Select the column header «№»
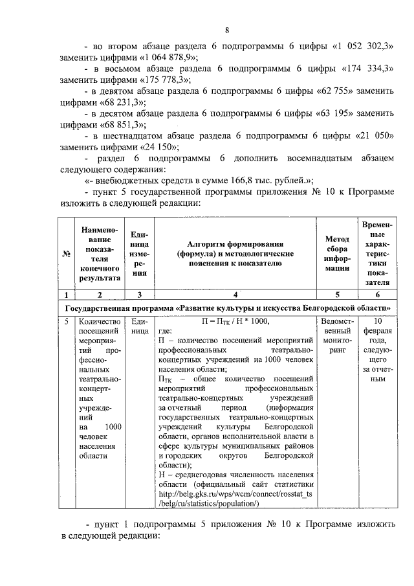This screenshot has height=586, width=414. tap(66, 254)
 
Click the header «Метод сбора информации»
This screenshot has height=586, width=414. tap(336, 254)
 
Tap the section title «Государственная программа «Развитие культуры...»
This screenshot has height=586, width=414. tap(226, 306)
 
